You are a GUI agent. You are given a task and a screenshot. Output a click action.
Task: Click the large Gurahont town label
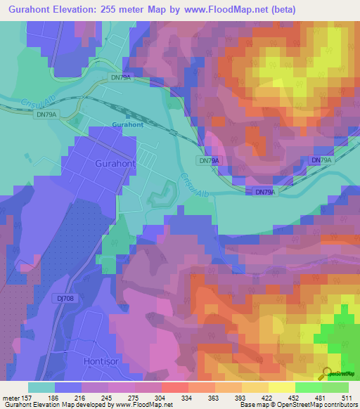114,162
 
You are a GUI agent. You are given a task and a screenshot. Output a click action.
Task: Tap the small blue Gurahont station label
127,125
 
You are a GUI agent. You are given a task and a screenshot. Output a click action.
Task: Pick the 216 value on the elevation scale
89,398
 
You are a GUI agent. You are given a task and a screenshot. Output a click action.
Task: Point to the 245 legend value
115,398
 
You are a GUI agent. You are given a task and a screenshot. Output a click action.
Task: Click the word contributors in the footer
341,405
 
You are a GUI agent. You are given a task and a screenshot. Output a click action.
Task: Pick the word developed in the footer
96,405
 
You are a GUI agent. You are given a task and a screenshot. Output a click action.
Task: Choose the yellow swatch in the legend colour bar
282,387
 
